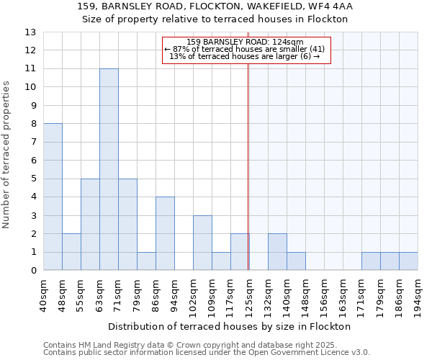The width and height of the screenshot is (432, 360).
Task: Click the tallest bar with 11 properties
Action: [x=109, y=169]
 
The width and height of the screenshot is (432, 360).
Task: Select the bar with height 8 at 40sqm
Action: [x=53, y=197]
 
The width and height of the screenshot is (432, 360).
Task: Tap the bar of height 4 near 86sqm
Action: [x=165, y=233]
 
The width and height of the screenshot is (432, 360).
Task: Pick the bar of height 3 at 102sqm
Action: [x=202, y=243]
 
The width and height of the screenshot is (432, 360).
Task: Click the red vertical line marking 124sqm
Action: [x=248, y=166]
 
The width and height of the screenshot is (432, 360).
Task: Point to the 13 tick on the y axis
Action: [x=30, y=32]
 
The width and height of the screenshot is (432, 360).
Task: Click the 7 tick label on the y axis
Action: [x=32, y=143]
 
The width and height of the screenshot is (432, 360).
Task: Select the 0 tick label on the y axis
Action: [x=32, y=271]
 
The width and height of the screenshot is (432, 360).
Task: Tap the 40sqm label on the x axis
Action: [x=44, y=294]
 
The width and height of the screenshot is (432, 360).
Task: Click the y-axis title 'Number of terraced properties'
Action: [x=7, y=155]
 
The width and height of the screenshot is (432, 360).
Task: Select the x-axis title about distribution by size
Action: [x=230, y=326]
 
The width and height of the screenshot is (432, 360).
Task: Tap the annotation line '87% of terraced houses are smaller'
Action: [x=245, y=49]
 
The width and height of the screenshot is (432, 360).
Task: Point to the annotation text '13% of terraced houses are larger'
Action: [x=245, y=56]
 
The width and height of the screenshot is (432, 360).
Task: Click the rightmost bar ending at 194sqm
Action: [x=408, y=261]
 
